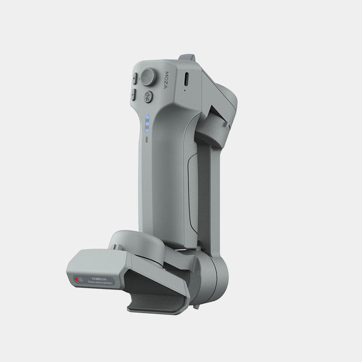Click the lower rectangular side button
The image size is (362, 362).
134,95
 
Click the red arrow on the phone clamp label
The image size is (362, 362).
76,279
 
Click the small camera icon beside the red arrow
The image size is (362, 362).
81,280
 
